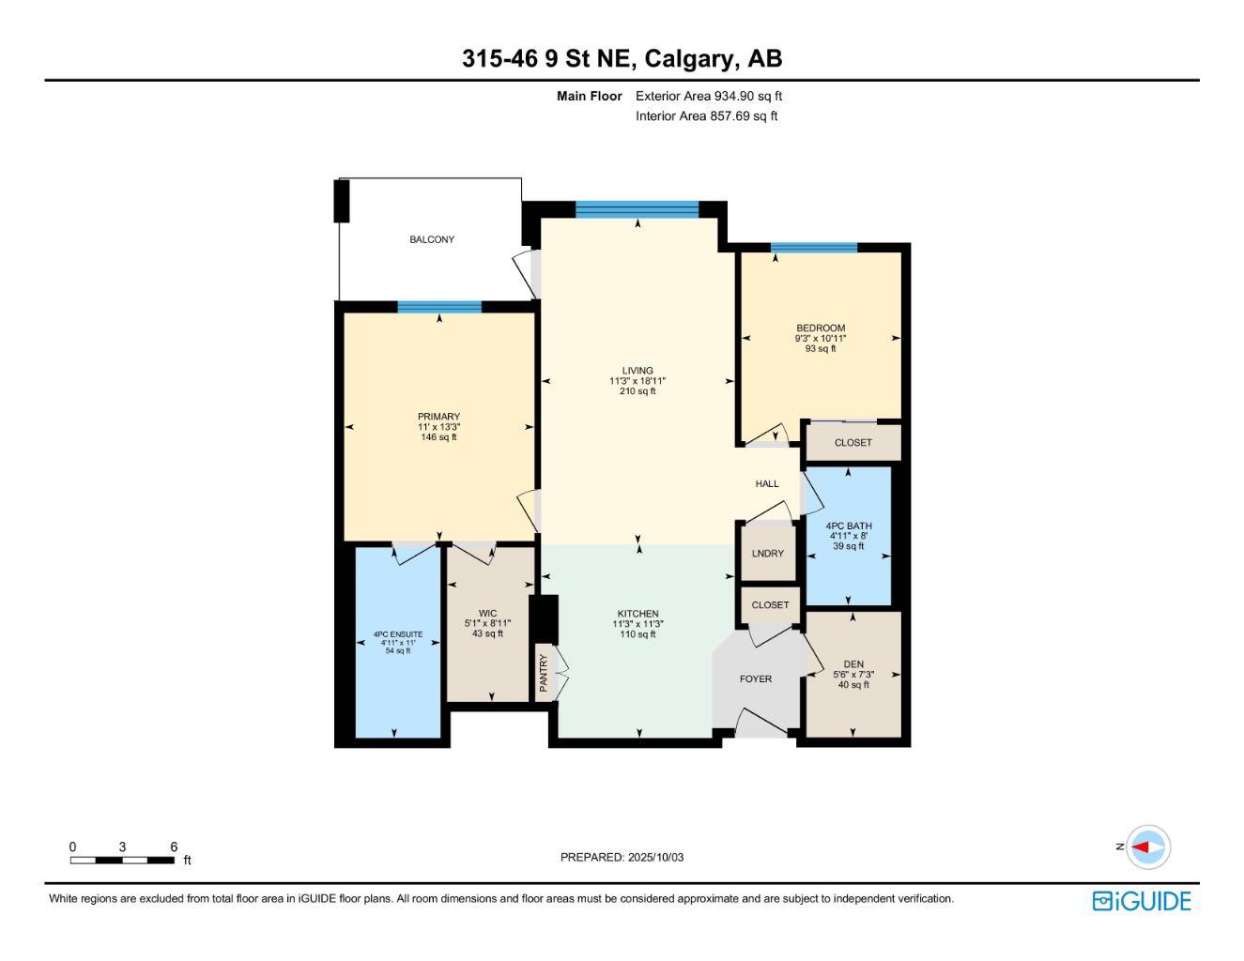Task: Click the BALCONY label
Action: point(431,239)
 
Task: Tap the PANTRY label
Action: point(543,673)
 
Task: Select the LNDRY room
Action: point(768,554)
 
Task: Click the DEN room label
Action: point(852,664)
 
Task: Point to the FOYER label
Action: point(756,679)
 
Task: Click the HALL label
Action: point(767,484)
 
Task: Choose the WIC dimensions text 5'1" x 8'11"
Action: point(487,623)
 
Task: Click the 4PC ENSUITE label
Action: point(398,634)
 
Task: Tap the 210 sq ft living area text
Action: point(637,391)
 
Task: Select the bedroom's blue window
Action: point(814,248)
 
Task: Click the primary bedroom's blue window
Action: point(439,307)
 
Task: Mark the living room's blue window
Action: point(637,209)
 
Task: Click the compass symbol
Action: point(1148,847)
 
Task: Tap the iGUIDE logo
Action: point(1142,901)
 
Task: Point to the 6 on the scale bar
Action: point(174,847)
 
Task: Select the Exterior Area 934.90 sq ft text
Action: point(709,96)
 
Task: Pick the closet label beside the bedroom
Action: point(852,443)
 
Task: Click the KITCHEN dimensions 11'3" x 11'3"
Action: point(637,624)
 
